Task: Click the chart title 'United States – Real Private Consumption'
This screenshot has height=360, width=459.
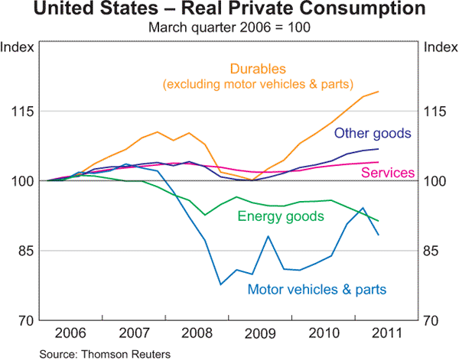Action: [229, 11]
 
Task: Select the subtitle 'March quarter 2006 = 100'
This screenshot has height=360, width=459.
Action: [229, 28]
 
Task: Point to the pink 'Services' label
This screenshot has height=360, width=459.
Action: [388, 174]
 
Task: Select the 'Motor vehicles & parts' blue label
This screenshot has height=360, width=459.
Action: [317, 289]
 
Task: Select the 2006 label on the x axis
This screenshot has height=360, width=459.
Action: [70, 335]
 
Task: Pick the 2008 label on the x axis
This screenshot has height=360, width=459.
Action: [198, 335]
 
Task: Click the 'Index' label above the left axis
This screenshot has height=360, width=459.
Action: [17, 47]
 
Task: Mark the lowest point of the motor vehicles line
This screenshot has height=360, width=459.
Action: [220, 284]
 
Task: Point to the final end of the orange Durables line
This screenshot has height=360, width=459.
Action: [379, 92]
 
